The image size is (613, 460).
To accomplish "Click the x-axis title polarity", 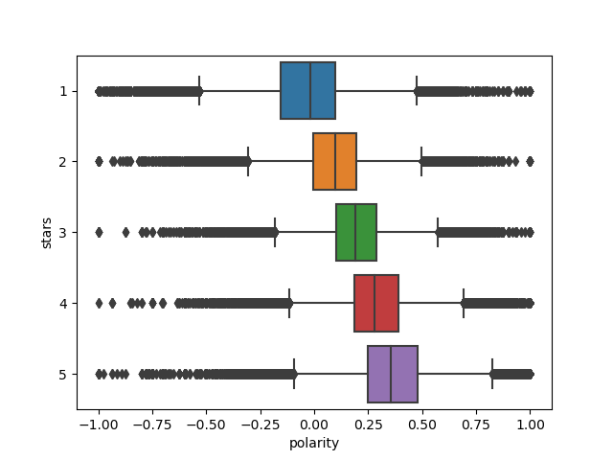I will (314, 444).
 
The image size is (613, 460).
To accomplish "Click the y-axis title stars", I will (46, 233).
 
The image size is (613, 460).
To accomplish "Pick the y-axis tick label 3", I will (62, 233).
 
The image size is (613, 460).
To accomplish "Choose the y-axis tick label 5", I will (62, 374).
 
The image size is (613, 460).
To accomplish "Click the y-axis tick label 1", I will (62, 91).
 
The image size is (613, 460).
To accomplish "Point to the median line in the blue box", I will (310, 91).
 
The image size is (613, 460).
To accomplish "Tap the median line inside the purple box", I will (391, 374).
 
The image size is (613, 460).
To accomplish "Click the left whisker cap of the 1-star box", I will (199, 91).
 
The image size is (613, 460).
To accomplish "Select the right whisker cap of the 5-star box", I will (492, 374).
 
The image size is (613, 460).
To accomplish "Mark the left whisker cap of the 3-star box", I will (275, 232).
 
